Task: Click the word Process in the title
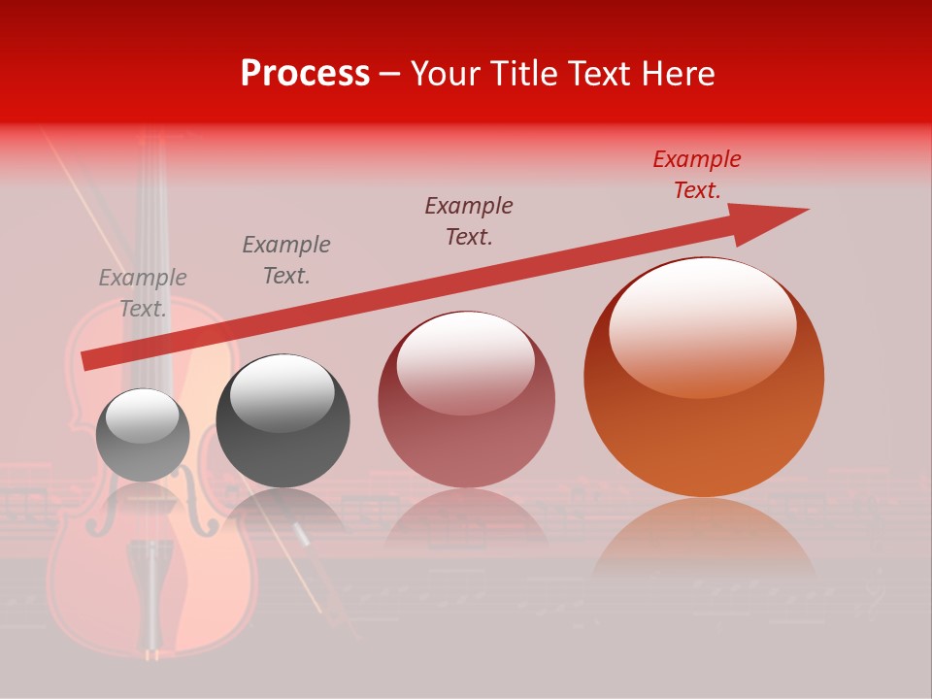click(x=305, y=74)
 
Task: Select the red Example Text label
click(x=696, y=175)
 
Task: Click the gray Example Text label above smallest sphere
click(x=143, y=293)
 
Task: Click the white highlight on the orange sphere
click(x=703, y=325)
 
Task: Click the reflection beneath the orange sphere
click(x=704, y=544)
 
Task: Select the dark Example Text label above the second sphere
click(x=286, y=260)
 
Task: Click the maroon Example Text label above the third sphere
click(x=469, y=221)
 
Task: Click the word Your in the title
click(x=445, y=74)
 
